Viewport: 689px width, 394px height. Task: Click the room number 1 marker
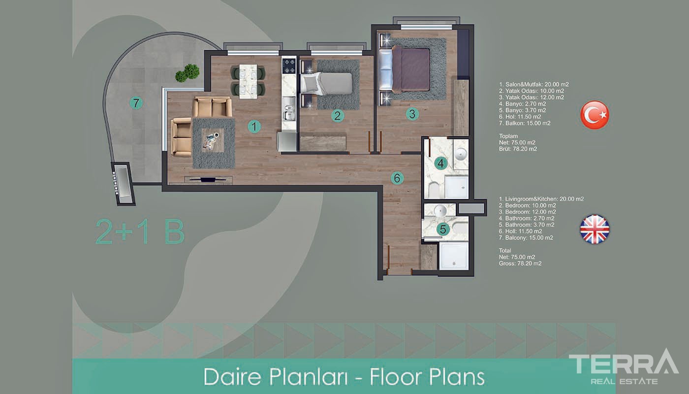pyautogui.click(x=254, y=127)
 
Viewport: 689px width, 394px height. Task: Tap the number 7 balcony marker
pyautogui.click(x=136, y=103)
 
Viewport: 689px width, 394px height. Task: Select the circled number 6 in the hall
pyautogui.click(x=397, y=178)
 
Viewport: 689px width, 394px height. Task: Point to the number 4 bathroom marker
pyautogui.click(x=441, y=164)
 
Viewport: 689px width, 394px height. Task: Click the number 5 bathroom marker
pyautogui.click(x=443, y=230)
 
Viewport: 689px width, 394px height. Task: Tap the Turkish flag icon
pyautogui.click(x=595, y=115)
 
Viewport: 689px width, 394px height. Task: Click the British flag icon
pyautogui.click(x=595, y=230)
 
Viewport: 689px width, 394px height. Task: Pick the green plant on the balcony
pyautogui.click(x=188, y=73)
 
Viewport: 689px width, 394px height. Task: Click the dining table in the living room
pyautogui.click(x=249, y=81)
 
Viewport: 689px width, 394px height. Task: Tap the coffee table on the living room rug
pyautogui.click(x=213, y=140)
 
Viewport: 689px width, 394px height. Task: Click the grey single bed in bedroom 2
pyautogui.click(x=327, y=83)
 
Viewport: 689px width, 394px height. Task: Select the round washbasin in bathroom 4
pyautogui.click(x=461, y=154)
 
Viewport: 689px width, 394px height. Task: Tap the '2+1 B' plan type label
pyautogui.click(x=140, y=232)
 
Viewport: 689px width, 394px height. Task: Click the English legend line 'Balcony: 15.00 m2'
pyautogui.click(x=526, y=237)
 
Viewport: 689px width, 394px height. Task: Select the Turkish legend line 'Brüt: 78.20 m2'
pyautogui.click(x=518, y=149)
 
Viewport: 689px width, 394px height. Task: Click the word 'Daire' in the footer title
pyautogui.click(x=232, y=377)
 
